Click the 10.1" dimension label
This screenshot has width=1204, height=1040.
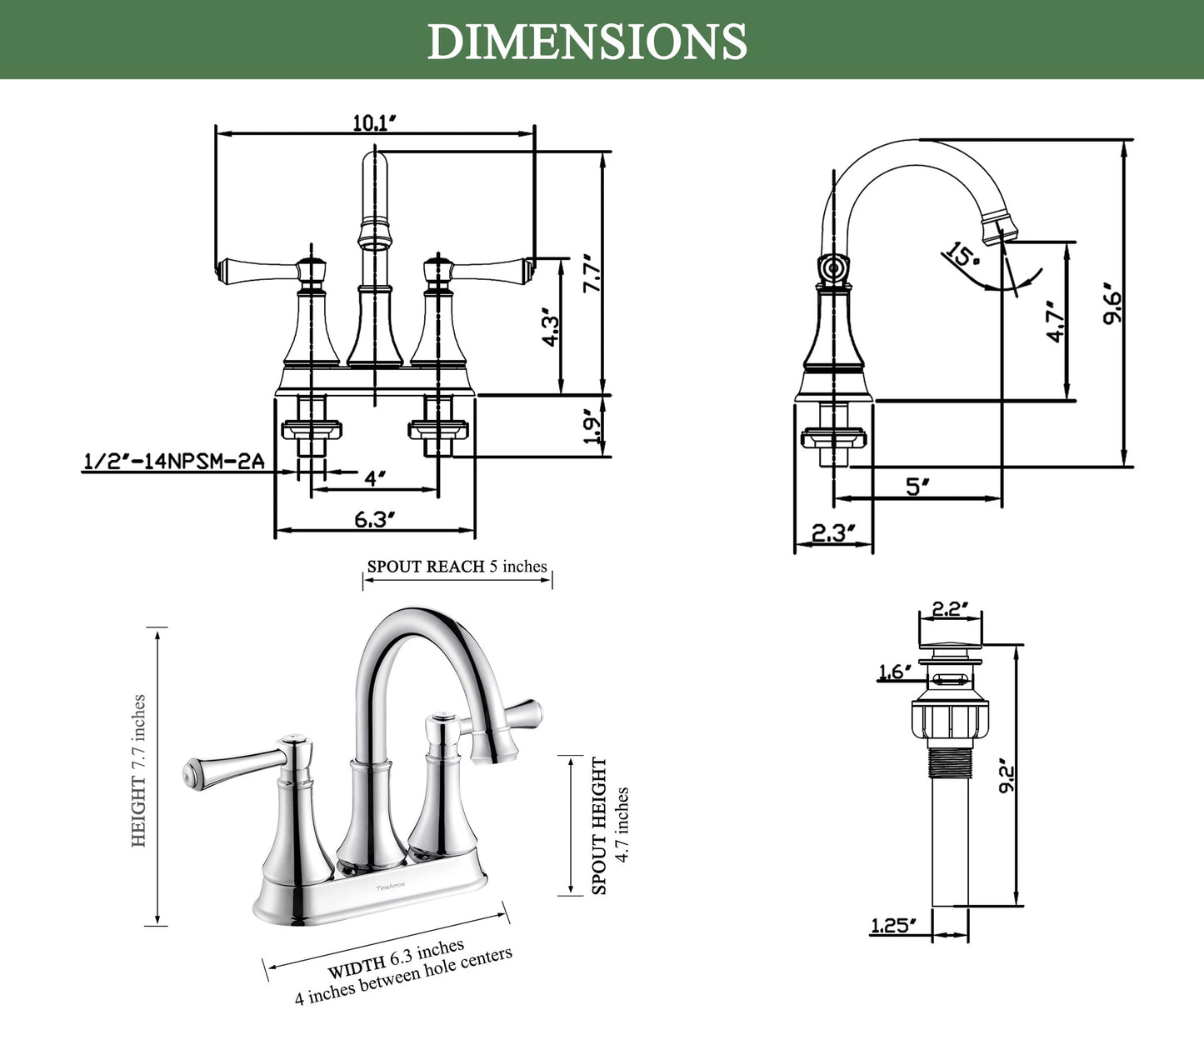point(373,123)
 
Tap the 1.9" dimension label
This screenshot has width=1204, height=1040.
point(592,427)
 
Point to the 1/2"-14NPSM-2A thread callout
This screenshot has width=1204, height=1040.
point(174,462)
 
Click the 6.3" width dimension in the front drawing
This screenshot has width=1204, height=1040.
point(374,519)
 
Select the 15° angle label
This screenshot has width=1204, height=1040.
point(962,254)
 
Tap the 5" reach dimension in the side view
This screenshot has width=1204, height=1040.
point(917,486)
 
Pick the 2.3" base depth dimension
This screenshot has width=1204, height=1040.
point(832,532)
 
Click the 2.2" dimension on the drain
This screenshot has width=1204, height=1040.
point(951,609)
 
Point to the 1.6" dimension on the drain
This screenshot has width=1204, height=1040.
point(895,672)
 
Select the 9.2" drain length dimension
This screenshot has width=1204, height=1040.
point(1007,776)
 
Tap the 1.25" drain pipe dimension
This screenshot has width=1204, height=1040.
point(893,925)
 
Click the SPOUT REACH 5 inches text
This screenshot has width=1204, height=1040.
point(457,567)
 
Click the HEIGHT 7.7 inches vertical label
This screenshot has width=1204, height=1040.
point(138,771)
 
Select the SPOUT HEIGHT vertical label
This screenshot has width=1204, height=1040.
point(599,825)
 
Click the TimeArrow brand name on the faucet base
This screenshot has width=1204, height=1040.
point(391,888)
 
